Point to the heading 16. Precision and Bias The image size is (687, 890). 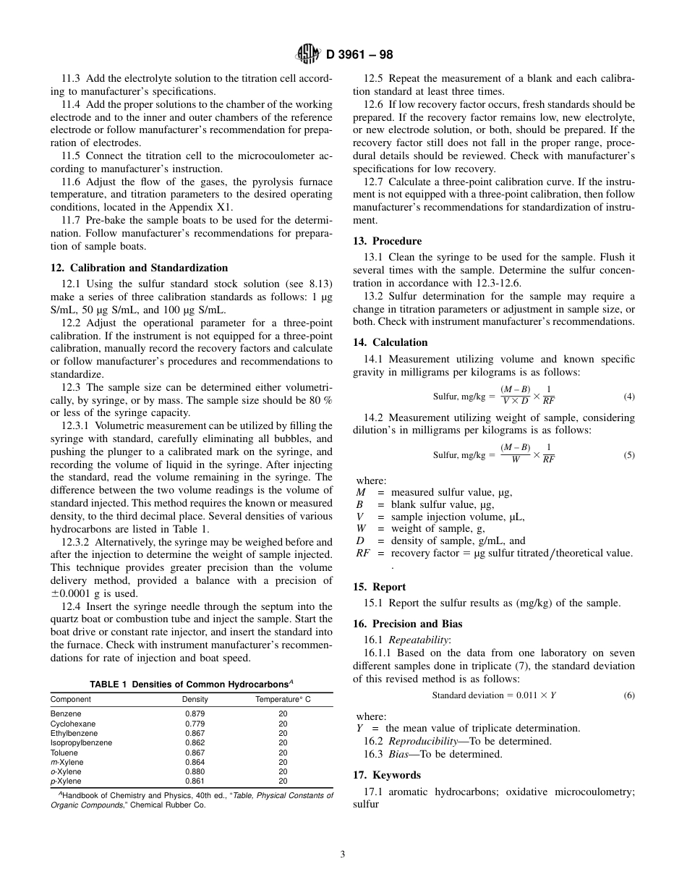pos(407,624)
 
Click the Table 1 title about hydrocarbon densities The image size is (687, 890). pos(191,684)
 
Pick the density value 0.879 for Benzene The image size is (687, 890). pos(195,714)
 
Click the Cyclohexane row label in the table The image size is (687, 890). pos(72,724)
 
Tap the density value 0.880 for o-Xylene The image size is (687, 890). pos(195,772)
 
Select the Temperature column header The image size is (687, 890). pos(283,700)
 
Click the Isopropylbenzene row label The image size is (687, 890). pos(81,743)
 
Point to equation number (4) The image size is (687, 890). pos(628,397)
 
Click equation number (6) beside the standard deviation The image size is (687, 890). pos(628,695)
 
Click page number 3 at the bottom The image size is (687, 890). pos(343,855)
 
